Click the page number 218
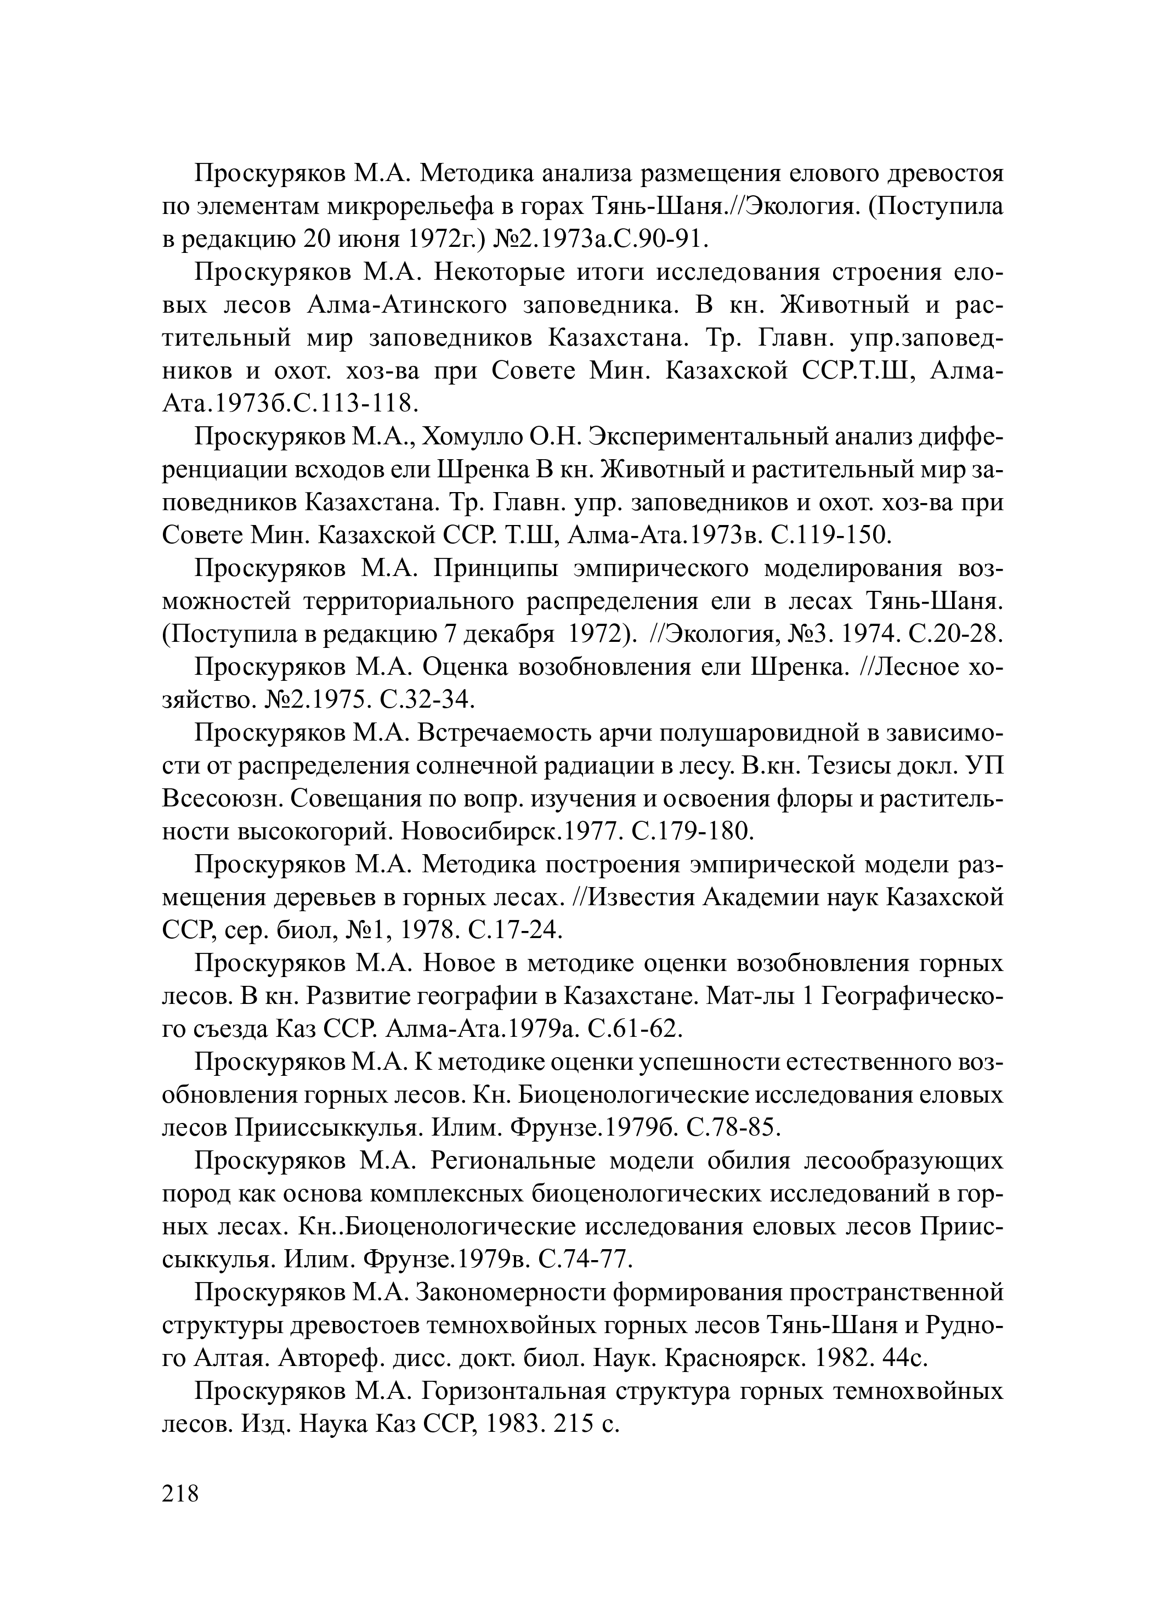(180, 1493)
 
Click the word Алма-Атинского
(407, 305)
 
